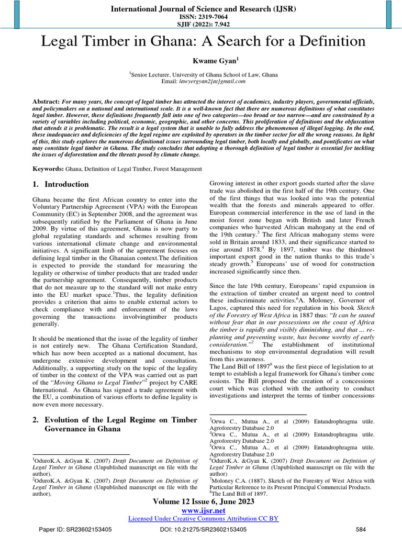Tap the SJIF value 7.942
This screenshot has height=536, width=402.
[x=215, y=25]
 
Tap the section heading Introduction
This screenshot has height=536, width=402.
[x=66, y=184]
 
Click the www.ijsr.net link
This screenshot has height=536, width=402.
[x=203, y=510]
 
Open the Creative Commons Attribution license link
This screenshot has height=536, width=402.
[x=203, y=518]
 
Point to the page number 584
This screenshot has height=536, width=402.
[x=361, y=529]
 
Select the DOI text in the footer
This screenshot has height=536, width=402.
[x=203, y=529]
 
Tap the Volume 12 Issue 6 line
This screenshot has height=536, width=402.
[x=203, y=501]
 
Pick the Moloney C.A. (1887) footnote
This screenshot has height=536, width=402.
[x=292, y=483]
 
